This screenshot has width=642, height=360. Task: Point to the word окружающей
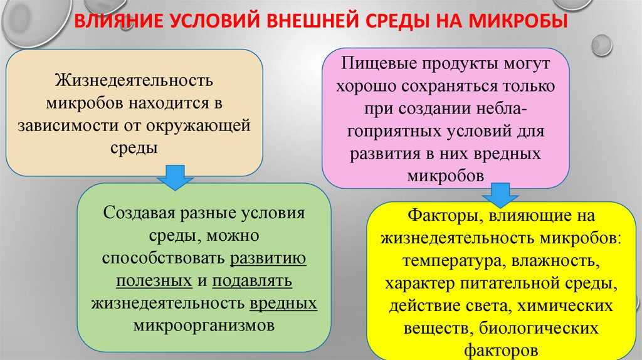[x=203, y=124]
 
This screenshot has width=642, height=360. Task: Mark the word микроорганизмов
[x=204, y=326]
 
